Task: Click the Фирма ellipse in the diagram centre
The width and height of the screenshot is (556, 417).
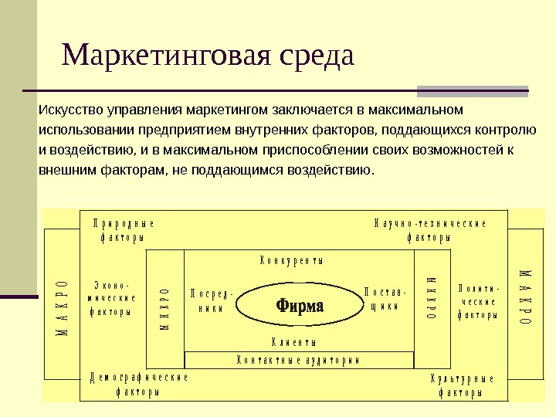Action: pyautogui.click(x=299, y=305)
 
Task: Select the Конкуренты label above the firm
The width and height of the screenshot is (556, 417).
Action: pyautogui.click(x=291, y=260)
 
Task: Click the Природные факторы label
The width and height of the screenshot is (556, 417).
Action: pyautogui.click(x=123, y=230)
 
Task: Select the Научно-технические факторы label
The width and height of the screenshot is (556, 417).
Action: pyautogui.click(x=429, y=230)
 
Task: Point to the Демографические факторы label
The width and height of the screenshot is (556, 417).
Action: pyautogui.click(x=139, y=385)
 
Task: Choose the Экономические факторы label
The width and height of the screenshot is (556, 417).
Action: pyautogui.click(x=113, y=298)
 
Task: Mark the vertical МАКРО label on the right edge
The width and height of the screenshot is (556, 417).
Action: pyautogui.click(x=524, y=297)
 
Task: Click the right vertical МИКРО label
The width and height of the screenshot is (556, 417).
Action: pyautogui.click(x=432, y=297)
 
